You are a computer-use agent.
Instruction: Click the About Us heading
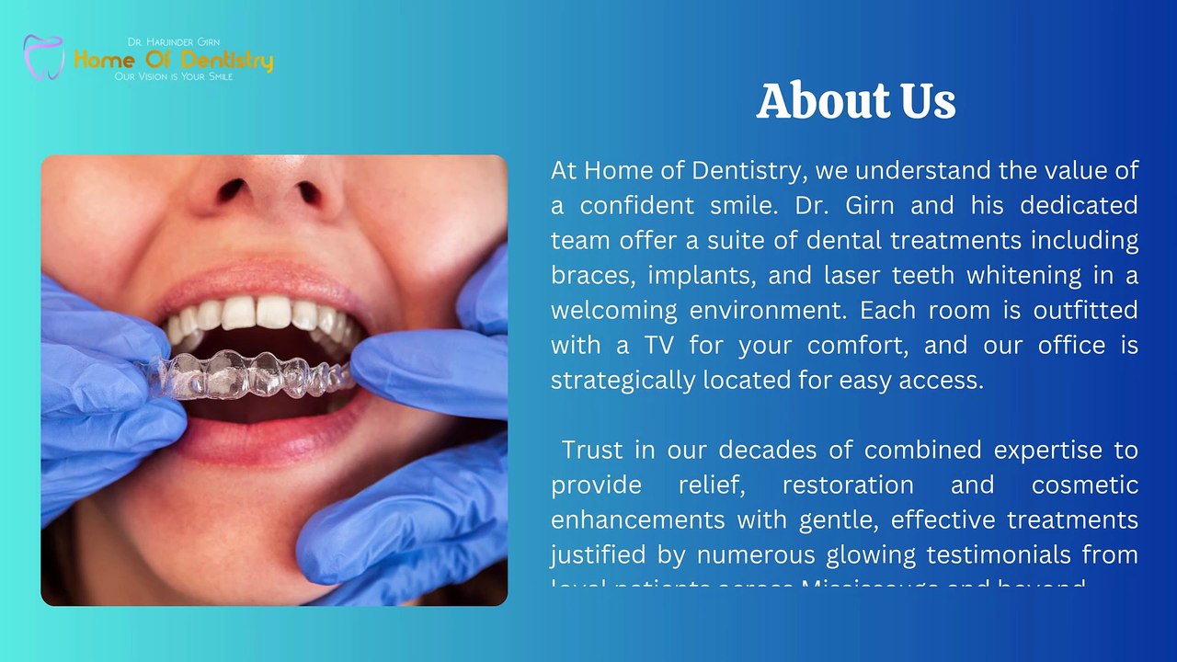click(x=856, y=101)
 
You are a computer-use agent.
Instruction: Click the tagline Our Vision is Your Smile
click(x=174, y=76)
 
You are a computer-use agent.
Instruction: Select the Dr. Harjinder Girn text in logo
click(x=174, y=42)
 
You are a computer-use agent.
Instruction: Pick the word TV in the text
click(x=658, y=345)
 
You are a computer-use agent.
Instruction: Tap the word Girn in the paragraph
click(x=869, y=205)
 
